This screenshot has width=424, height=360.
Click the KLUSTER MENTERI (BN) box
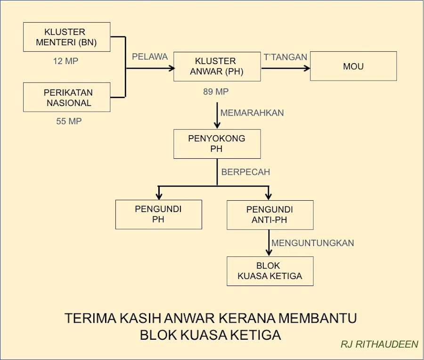[67, 37]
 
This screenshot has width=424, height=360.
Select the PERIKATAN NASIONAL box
[67, 98]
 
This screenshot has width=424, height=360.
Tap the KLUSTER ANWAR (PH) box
[217, 66]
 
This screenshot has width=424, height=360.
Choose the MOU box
[353, 66]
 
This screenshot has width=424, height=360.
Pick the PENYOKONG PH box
[217, 144]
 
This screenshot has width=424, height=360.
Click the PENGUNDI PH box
[159, 214]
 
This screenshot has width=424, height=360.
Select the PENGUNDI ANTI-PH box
[270, 215]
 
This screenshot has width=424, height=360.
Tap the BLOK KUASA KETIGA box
[270, 271]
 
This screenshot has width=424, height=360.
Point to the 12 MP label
[65, 61]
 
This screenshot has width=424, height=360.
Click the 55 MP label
[69, 121]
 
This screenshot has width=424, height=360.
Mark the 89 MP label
[216, 92]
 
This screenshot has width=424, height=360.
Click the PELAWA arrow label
[150, 57]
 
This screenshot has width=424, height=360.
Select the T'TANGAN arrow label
[285, 57]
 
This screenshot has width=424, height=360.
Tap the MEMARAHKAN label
[252, 113]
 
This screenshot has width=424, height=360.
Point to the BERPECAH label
[245, 172]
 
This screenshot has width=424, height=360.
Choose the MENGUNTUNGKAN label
[313, 243]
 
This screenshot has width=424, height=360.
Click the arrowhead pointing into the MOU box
[307, 68]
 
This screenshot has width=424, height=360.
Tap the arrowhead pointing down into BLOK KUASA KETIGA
[269, 253]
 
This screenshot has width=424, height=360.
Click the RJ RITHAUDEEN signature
[379, 344]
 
